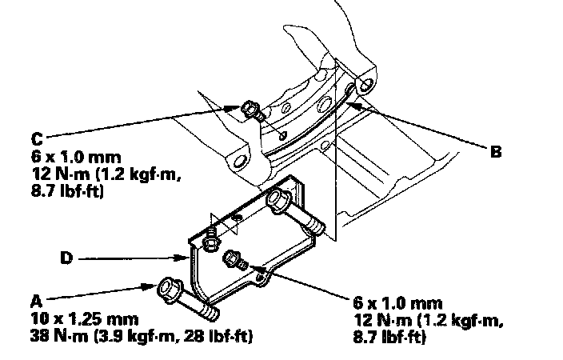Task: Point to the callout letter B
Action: tap(496, 149)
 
